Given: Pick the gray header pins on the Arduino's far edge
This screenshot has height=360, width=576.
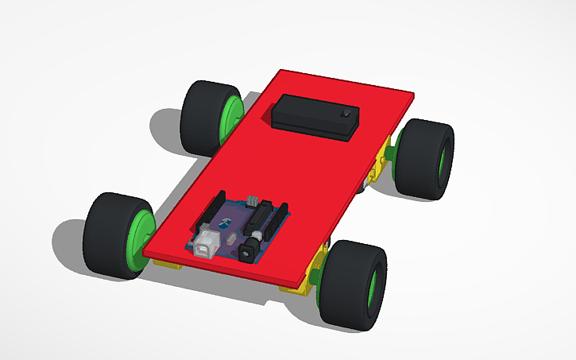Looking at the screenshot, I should pyautogui.click(x=253, y=200).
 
